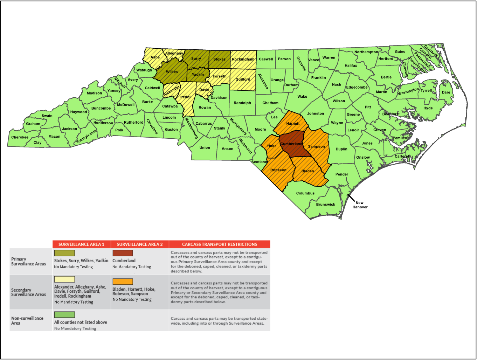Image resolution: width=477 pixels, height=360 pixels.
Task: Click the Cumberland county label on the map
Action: pyautogui.click(x=291, y=144)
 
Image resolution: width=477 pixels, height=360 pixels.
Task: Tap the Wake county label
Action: pyautogui.click(x=302, y=97)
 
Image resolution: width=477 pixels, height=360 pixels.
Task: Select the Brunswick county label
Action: pyautogui.click(x=326, y=205)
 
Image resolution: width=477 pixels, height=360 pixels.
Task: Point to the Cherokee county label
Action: pyautogui.click(x=20, y=137)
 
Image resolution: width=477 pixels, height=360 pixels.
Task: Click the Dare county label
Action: pyautogui.click(x=446, y=92)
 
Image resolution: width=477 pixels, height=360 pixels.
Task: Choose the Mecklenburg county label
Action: pyautogui.click(x=192, y=128)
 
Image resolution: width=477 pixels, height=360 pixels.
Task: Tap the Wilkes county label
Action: pyautogui.click(x=172, y=72)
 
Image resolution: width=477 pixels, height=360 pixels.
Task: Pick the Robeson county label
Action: pyautogui.click(x=278, y=170)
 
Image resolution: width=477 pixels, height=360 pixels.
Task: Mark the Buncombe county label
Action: pyautogui.click(x=101, y=108)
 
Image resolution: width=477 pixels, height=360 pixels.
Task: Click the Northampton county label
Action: pyautogui.click(x=366, y=52)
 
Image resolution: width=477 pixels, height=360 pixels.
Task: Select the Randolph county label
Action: pyautogui.click(x=242, y=103)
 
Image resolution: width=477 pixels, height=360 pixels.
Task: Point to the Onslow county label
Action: pyautogui.click(x=363, y=158)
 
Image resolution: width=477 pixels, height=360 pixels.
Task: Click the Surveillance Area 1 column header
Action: pyautogui.click(x=81, y=244)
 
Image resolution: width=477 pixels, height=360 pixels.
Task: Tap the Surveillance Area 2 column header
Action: pyautogui.click(x=140, y=244)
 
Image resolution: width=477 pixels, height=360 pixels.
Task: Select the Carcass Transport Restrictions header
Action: pyautogui.click(x=220, y=244)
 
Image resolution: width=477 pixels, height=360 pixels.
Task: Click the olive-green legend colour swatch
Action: pyautogui.click(x=64, y=253)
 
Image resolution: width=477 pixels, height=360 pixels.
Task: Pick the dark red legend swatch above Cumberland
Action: pyautogui.click(x=123, y=253)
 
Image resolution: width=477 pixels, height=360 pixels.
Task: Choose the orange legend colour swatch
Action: pyautogui.click(x=123, y=282)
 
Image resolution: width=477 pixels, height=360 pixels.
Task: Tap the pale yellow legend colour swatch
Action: pyautogui.click(x=64, y=279)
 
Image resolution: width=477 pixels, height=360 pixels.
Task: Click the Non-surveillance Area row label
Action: pyautogui.click(x=27, y=320)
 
